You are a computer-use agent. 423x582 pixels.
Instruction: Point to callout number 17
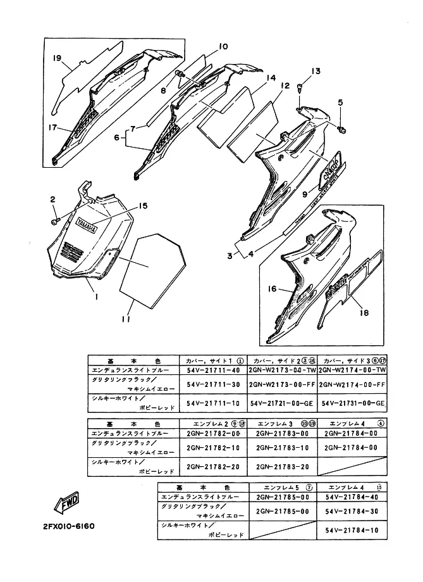point(54,127)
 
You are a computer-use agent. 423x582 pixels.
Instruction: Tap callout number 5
point(340,103)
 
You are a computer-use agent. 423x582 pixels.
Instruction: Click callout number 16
point(272,288)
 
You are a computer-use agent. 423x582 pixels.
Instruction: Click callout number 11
point(125,320)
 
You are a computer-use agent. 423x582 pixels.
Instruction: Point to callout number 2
point(53,200)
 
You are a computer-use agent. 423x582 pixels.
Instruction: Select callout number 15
point(143,206)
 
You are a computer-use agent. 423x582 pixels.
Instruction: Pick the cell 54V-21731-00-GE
point(353,403)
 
